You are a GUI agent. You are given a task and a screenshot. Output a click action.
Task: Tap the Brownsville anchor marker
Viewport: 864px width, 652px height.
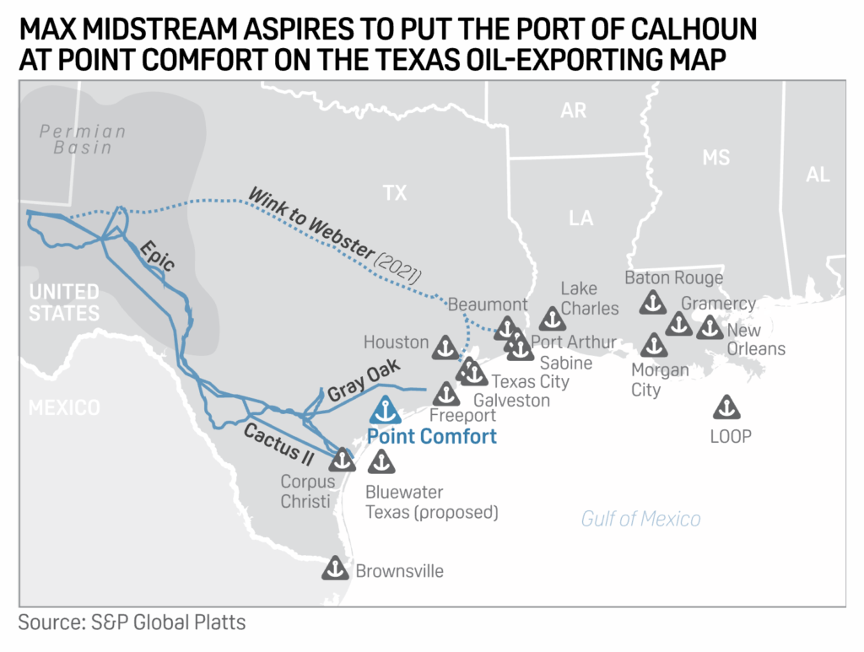click(x=335, y=568)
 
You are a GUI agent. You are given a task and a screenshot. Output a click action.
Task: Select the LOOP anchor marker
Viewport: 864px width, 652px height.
click(x=726, y=408)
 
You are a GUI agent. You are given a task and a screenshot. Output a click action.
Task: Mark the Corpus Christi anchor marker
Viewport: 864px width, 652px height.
click(x=342, y=460)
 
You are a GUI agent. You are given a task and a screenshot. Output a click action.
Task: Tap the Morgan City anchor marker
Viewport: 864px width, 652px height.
click(x=653, y=344)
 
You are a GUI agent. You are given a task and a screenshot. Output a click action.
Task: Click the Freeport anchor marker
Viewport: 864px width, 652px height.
click(x=445, y=393)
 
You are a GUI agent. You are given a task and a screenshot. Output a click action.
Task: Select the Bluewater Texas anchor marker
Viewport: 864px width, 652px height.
click(x=381, y=461)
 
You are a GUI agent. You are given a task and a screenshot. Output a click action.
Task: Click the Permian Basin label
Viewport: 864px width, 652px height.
click(x=83, y=139)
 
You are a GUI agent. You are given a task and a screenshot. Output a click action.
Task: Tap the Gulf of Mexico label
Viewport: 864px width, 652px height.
click(x=640, y=519)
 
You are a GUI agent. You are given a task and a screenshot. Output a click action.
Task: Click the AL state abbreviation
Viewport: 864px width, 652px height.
click(x=817, y=175)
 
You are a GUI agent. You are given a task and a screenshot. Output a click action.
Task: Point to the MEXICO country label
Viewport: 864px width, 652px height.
click(x=64, y=408)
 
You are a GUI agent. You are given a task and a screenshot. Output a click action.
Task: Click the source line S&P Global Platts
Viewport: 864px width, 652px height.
click(x=132, y=623)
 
